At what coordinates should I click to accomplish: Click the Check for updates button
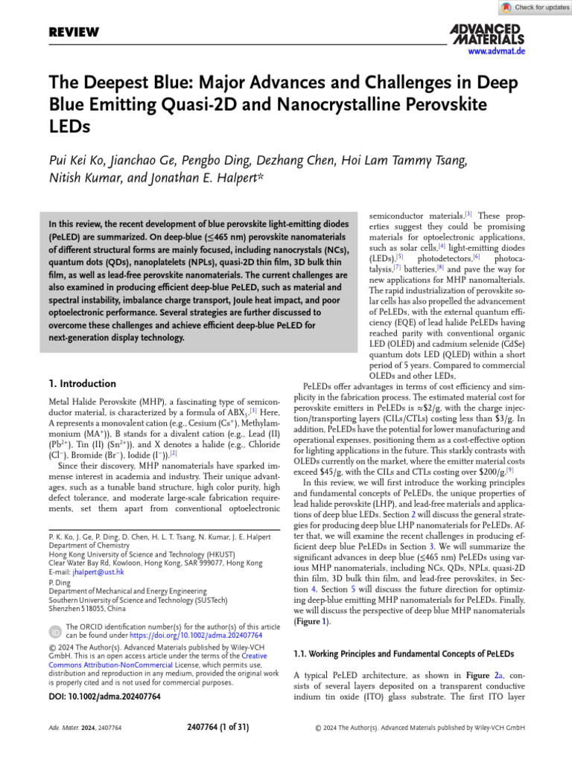coord(534,7)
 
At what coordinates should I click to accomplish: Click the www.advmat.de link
coord(497,51)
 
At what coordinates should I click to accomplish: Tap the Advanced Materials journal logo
coord(487,33)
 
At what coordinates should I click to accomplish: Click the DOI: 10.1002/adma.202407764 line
coord(104,697)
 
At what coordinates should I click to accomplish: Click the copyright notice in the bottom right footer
coord(420,727)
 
